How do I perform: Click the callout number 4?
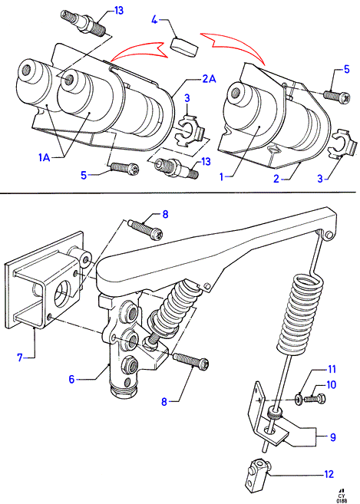point(155,20)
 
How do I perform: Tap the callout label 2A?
point(209,78)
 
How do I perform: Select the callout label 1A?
point(45,157)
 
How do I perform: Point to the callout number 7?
point(20,357)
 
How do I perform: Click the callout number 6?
point(71,379)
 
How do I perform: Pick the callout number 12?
point(329,474)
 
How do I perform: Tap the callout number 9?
point(332,437)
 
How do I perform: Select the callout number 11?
point(332,369)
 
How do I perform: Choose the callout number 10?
point(331,384)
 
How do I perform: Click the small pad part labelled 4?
point(183,47)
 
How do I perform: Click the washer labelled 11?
point(299,400)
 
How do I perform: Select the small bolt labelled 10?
point(315,399)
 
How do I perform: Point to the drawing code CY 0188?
point(342,496)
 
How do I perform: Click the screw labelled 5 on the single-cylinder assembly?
point(336,95)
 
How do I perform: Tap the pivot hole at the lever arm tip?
point(328,235)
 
